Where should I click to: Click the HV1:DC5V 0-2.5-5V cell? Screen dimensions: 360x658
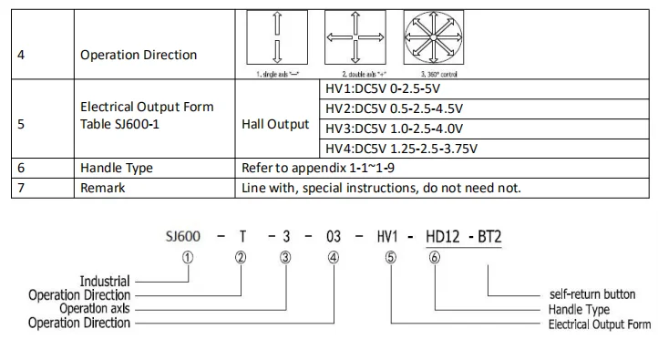click(x=382, y=90)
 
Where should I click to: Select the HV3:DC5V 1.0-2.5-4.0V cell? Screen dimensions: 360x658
click(x=394, y=129)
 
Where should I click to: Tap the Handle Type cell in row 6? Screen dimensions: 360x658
click(x=117, y=169)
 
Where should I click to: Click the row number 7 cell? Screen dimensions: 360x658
click(x=21, y=188)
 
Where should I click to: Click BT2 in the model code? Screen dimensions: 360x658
click(x=489, y=237)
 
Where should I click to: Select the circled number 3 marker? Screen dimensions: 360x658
click(x=286, y=257)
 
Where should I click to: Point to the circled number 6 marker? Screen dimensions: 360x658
click(x=435, y=257)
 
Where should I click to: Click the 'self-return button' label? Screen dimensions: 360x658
click(x=592, y=294)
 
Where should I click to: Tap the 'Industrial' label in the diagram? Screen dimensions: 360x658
click(x=105, y=282)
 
